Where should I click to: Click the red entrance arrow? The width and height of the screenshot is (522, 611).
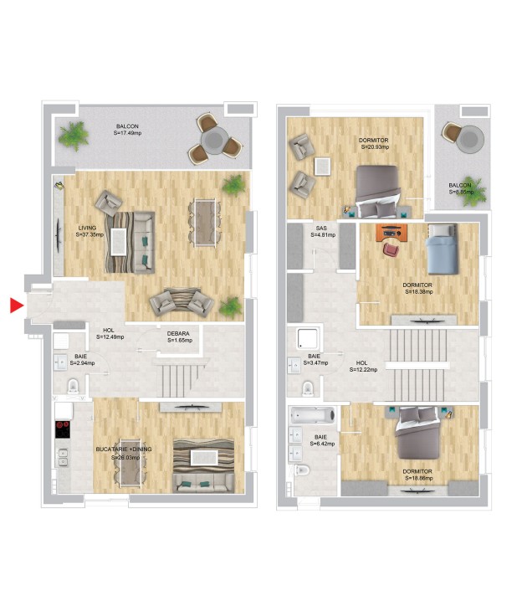pos(16,305)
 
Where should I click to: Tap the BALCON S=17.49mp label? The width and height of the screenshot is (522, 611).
pos(128,130)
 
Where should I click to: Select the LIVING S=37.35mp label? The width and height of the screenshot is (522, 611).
pos(90,231)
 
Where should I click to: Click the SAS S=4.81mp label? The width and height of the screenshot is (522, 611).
pos(321,232)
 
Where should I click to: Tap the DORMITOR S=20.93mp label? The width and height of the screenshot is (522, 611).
pos(375,143)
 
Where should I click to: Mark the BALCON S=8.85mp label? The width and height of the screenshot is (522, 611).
pos(460,188)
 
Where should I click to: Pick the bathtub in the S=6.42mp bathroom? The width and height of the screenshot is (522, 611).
pos(311,415)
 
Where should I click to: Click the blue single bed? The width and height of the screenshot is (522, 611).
pos(440,250)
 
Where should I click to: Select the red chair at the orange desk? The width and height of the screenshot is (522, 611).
pos(391,247)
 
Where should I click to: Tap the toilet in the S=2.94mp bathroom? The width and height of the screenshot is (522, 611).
pos(73,386)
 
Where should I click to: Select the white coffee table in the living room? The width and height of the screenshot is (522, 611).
pos(120,242)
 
